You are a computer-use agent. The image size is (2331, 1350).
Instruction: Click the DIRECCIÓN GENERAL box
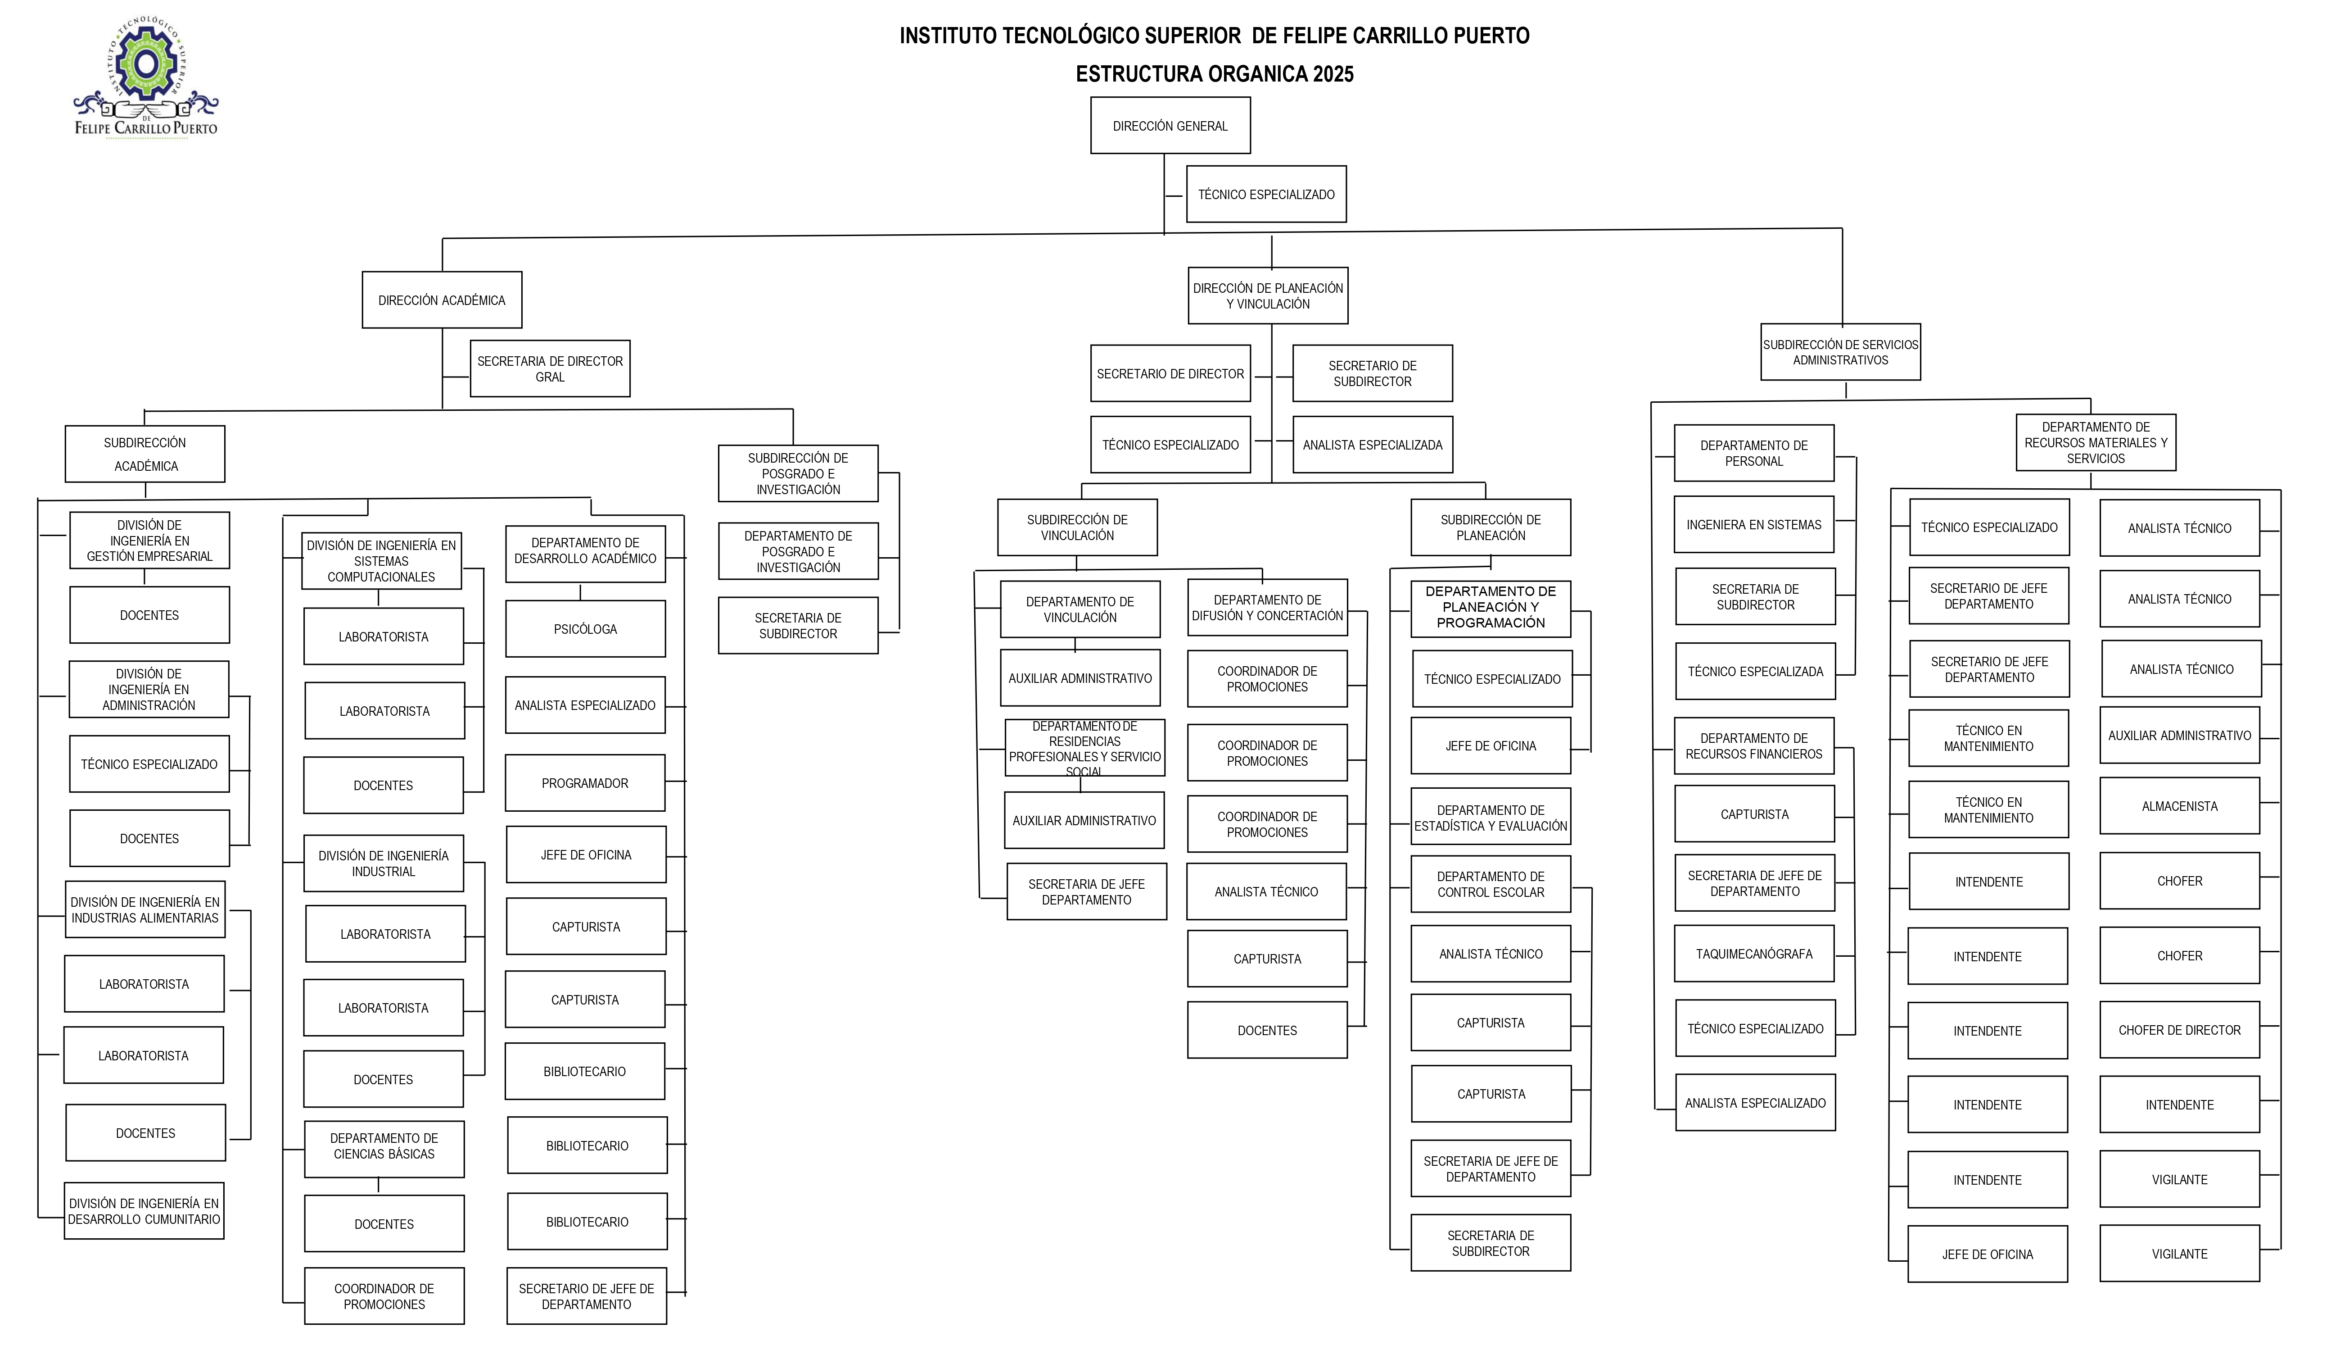(1170, 125)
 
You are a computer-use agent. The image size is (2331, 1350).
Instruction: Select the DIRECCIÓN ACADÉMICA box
(442, 300)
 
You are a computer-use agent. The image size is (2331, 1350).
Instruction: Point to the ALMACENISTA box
(2180, 806)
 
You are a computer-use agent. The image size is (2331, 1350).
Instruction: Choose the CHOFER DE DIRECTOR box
(2180, 1030)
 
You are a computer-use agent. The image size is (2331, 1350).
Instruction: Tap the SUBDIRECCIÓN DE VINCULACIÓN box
(1078, 527)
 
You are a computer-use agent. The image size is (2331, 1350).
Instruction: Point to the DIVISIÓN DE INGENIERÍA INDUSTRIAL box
(384, 864)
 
